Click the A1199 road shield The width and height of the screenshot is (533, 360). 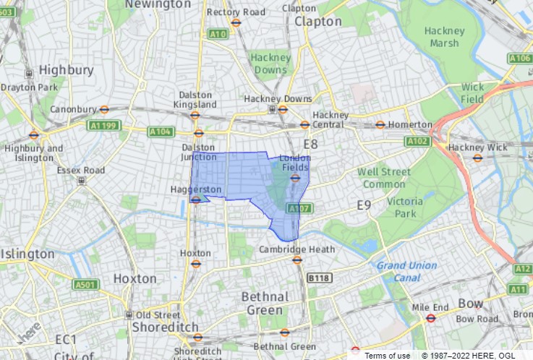click(102, 125)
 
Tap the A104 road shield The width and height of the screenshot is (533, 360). click(161, 132)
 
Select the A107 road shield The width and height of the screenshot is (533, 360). click(299, 208)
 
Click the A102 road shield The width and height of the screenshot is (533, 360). click(418, 142)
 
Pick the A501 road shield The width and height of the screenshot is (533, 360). click(85, 284)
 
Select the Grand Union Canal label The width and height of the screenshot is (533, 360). click(407, 271)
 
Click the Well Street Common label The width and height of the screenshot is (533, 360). click(384, 178)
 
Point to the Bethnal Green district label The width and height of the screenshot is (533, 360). click(265, 304)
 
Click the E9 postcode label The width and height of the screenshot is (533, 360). click(364, 206)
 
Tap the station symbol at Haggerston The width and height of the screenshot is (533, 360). click(195, 200)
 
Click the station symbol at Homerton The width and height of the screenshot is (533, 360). click(380, 124)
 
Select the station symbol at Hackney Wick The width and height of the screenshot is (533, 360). click(477, 158)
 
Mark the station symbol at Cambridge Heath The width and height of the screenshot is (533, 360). click(297, 260)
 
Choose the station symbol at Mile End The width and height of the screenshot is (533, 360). click(430, 317)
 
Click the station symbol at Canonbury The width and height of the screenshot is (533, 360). click(104, 110)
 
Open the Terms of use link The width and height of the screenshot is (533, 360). click(387, 355)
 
